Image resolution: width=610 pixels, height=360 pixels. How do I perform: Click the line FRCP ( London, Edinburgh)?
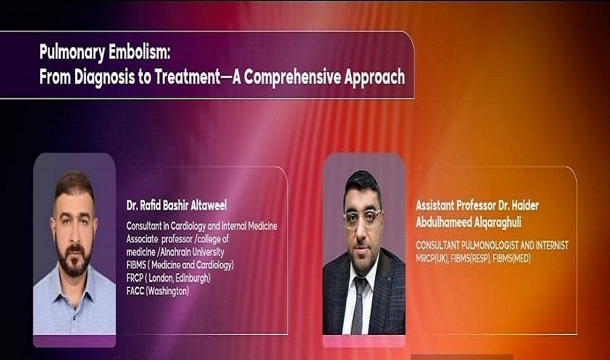tap(168, 278)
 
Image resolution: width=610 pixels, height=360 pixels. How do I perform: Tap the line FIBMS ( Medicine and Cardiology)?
tap(180, 265)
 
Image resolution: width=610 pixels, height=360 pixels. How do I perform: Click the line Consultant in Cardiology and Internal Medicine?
tap(201, 226)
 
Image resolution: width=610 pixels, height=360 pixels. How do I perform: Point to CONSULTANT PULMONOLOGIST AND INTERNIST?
tap(492, 245)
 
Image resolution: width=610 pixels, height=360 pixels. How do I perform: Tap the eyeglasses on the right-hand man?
tap(363, 216)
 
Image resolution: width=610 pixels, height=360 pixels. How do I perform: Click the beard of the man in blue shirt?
tap(74, 259)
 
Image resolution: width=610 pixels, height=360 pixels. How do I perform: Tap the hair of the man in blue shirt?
tap(74, 182)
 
